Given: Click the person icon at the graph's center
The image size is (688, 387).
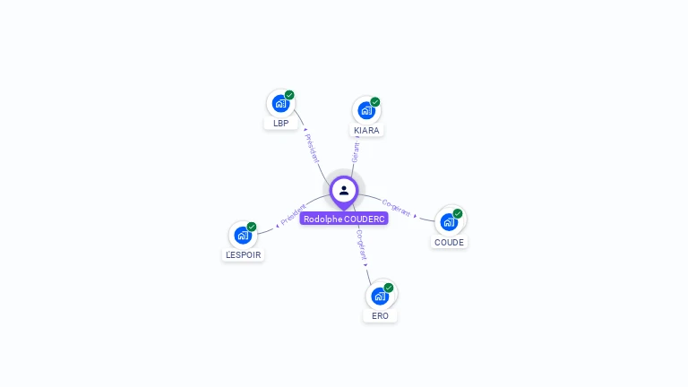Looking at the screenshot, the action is click(344, 190).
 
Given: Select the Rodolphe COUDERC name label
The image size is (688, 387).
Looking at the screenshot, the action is click(344, 219).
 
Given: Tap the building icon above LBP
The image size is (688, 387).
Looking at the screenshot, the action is click(280, 103).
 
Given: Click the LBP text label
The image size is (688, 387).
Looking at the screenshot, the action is click(280, 124).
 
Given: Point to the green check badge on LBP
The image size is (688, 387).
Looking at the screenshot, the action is click(289, 95).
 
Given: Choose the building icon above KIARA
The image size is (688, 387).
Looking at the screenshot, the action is click(365, 110).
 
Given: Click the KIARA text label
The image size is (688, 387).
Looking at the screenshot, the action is click(366, 131).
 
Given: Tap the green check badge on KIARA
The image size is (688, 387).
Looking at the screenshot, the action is click(375, 102).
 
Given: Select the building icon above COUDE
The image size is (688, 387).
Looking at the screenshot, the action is click(449, 221).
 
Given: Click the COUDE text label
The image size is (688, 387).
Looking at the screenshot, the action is click(449, 242).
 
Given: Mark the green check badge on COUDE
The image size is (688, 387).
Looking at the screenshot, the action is click(458, 214).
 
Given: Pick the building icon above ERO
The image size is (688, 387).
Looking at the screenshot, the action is click(380, 296).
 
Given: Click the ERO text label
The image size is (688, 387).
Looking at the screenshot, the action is click(380, 316).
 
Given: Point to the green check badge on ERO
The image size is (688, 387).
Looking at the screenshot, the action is click(389, 288).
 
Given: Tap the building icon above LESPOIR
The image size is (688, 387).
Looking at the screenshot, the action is click(243, 235).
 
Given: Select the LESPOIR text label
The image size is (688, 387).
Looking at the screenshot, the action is click(244, 255).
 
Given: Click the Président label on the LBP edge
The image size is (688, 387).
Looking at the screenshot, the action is click(312, 147).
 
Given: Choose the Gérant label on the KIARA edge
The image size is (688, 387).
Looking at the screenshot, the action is click(356, 151).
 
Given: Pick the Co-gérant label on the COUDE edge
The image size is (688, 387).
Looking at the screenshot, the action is click(396, 207).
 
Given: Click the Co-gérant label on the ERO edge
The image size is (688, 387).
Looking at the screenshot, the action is click(361, 244).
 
